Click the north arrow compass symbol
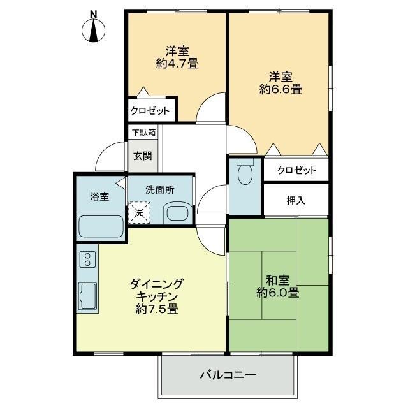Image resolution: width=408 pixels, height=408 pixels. click(94, 31)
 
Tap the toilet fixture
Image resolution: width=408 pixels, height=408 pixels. click(245, 171)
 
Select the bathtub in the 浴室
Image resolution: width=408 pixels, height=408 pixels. click(101, 226)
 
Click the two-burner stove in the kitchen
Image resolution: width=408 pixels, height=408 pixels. click(88, 259)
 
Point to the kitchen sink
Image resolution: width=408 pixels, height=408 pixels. click(88, 296)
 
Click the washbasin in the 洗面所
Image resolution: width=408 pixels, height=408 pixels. click(178, 213)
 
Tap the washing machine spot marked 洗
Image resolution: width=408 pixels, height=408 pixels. click(139, 213)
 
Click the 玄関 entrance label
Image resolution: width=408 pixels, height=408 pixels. click(143, 156)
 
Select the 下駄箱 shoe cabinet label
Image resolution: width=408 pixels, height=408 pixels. click(143, 133)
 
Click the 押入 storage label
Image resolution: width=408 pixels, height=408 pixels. click(296, 200)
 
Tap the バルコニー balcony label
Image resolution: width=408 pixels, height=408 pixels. click(228, 375)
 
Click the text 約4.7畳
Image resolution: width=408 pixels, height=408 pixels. click(177, 64)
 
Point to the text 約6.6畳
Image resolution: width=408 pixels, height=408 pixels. click(280, 89)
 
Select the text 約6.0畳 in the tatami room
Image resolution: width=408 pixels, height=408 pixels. click(278, 293)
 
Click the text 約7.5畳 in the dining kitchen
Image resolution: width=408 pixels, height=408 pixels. click(157, 309)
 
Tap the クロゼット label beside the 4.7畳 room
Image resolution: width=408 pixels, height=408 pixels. click(150, 111)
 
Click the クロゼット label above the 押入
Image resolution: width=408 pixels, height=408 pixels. click(297, 170)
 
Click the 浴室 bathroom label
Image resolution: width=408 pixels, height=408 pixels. click(99, 196)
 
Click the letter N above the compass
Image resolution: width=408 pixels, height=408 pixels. click(94, 14)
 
